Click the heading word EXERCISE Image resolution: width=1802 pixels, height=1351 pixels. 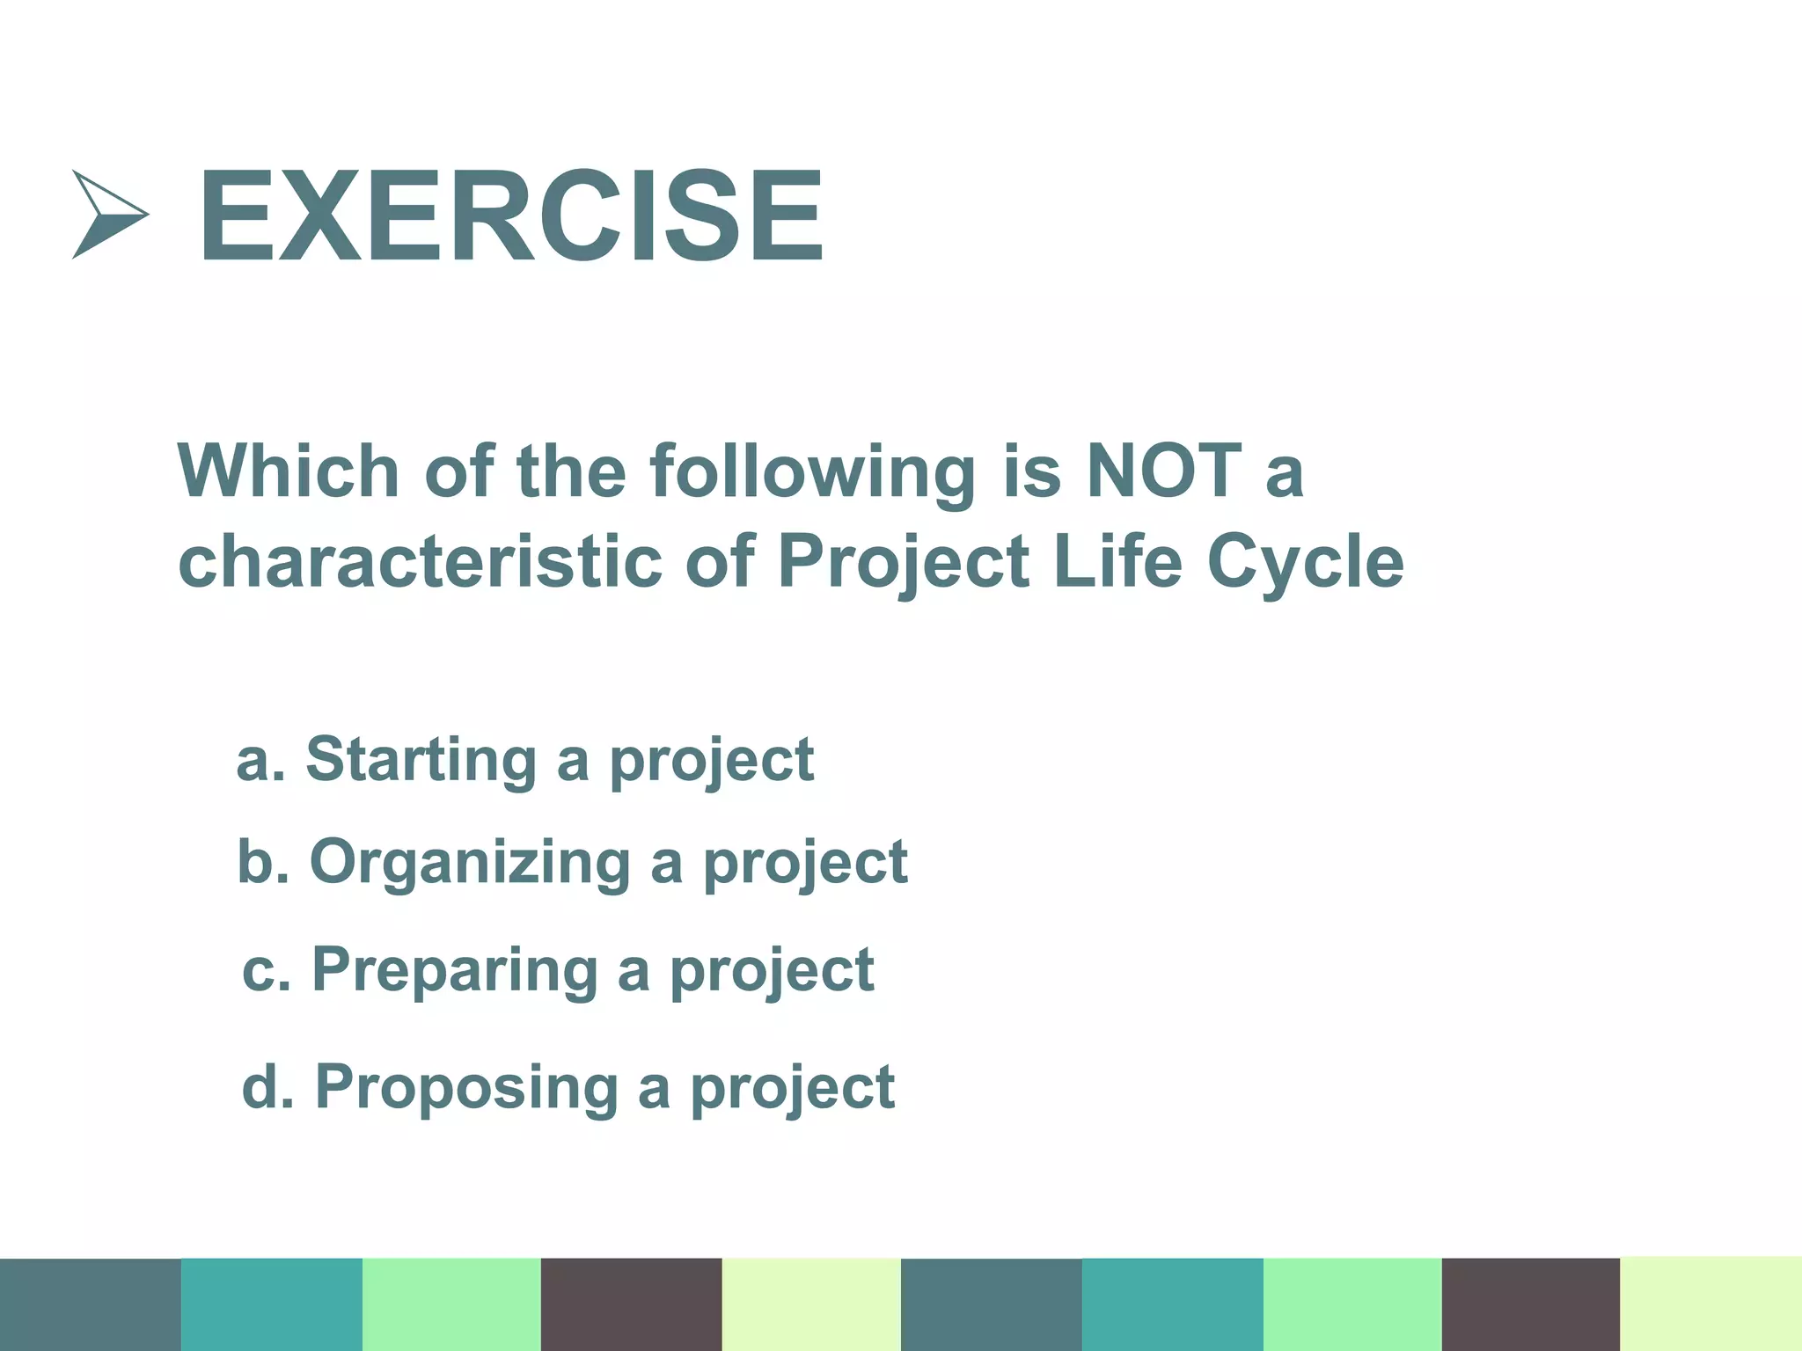(510, 216)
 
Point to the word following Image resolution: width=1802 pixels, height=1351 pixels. (812, 473)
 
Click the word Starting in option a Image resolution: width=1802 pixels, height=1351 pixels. (421, 760)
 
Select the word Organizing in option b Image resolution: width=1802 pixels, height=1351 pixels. (470, 863)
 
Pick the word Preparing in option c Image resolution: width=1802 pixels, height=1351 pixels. (454, 971)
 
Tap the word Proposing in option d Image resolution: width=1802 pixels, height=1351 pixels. (466, 1088)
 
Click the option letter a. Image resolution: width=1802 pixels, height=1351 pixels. (253, 762)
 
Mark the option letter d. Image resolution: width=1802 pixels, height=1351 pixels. (260, 1086)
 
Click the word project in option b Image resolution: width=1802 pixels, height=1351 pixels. (805, 865)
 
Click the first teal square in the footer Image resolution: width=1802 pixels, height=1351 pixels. (271, 1304)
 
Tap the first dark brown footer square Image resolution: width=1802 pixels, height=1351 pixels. (631, 1304)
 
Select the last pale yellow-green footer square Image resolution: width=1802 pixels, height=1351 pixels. (1710, 1304)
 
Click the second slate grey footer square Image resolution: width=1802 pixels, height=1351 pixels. (991, 1304)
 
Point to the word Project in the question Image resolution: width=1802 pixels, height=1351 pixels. (904, 563)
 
